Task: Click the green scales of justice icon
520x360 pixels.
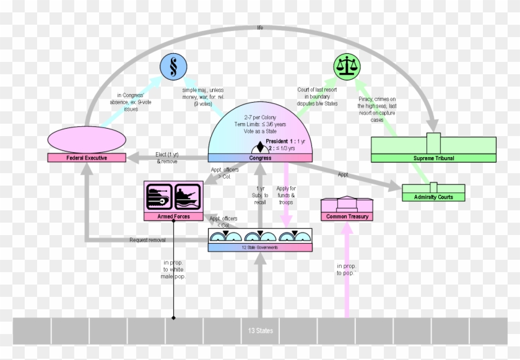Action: click(347, 66)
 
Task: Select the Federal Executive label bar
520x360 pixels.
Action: click(87, 158)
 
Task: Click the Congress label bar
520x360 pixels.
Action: click(260, 158)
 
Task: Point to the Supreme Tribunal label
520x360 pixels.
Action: click(433, 158)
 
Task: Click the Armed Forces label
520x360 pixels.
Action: click(173, 216)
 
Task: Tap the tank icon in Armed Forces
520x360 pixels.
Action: click(158, 197)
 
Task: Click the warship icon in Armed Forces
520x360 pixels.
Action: click(188, 197)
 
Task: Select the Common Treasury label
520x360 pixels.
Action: click(347, 216)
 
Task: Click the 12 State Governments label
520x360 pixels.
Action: click(260, 247)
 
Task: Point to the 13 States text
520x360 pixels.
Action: click(260, 331)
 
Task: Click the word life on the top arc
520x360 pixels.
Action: click(260, 27)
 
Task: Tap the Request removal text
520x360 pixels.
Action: click(147, 240)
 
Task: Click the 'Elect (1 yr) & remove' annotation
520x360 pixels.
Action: click(167, 157)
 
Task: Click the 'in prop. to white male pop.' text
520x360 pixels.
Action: click(174, 269)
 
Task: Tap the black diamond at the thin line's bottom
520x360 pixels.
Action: click(173, 318)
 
